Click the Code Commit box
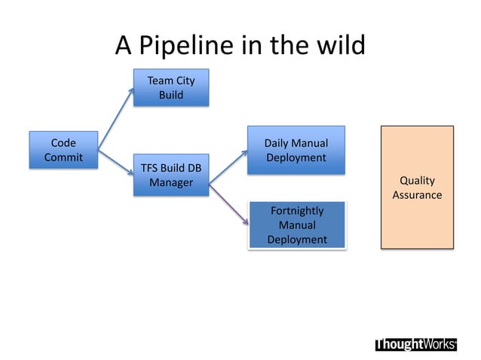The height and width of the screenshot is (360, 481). [x=63, y=149]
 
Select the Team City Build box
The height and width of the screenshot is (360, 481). [x=170, y=88]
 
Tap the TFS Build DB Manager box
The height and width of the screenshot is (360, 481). [x=170, y=175]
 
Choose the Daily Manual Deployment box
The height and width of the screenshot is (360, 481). [x=296, y=150]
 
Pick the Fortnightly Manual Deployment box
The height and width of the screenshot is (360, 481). [x=296, y=224]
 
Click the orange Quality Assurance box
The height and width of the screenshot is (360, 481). [x=417, y=188]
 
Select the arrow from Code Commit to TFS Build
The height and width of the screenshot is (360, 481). [x=115, y=160]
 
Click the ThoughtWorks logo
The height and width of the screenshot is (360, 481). [x=415, y=344]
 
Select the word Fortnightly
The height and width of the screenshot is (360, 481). [x=297, y=211]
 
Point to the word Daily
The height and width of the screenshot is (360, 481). [x=277, y=143]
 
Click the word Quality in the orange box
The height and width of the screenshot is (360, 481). [x=417, y=181]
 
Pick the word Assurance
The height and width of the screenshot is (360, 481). [x=417, y=195]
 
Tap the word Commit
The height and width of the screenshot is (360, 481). [x=63, y=157]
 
